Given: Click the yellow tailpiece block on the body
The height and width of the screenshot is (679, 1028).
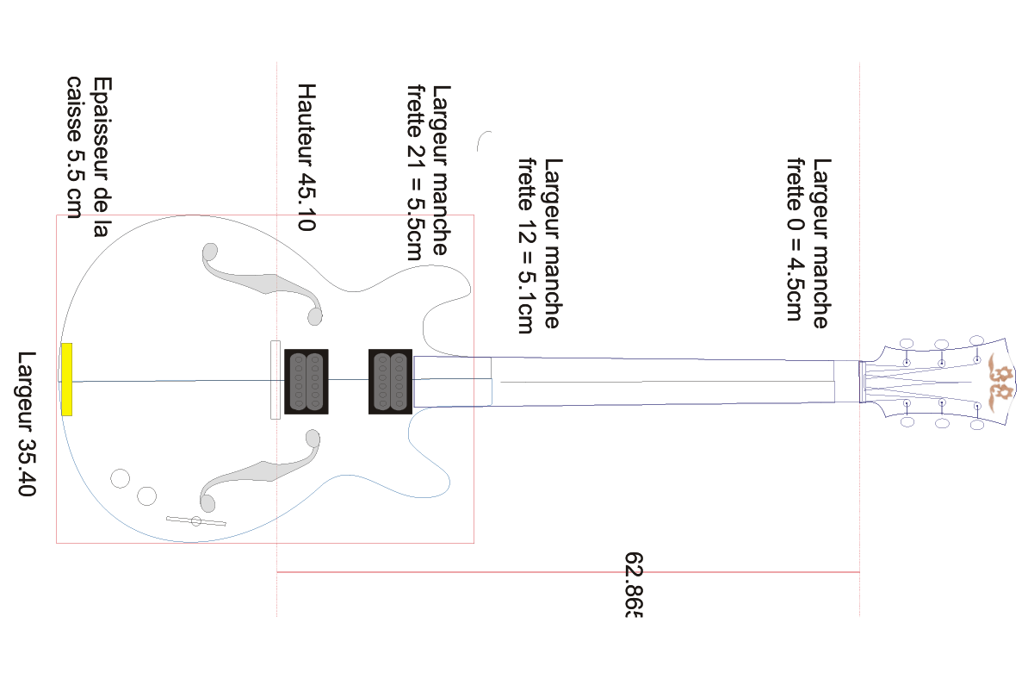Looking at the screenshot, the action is point(66,379).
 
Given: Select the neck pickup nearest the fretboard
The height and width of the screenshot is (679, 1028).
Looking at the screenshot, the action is point(390,381).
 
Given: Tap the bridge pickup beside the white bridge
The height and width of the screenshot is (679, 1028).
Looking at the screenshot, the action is point(307,381).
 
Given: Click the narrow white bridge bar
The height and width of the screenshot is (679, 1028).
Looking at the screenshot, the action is point(276,380).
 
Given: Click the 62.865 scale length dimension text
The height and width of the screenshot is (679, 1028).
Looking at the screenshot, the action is point(634,584).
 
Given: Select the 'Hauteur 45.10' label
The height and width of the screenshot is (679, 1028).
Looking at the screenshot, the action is point(307,157).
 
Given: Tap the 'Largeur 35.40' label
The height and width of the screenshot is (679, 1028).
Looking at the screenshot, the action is point(26,423).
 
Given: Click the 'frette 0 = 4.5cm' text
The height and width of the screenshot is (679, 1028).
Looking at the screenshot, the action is point(795,239).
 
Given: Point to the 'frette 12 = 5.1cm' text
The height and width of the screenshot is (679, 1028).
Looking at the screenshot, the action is point(526,246).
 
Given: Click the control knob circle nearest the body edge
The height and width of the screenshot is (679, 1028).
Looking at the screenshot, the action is point(120,479).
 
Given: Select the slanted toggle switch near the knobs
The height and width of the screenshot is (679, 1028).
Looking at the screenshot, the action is point(196,521).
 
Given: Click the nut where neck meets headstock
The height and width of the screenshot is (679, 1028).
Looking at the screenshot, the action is point(862,382).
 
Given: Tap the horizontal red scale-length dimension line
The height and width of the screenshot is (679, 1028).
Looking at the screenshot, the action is point(567,572).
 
